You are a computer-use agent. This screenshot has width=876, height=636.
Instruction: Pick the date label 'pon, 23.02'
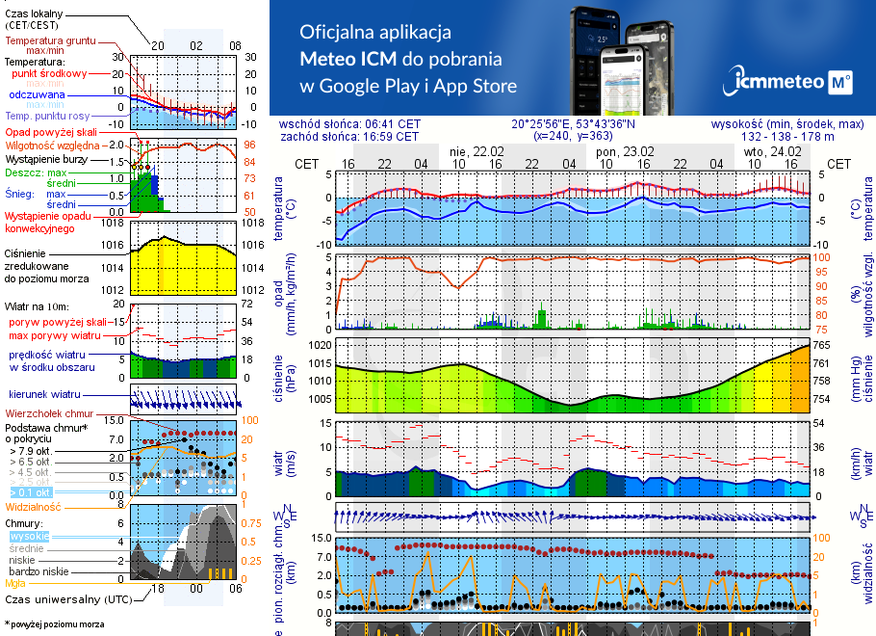pyautogui.click(x=625, y=151)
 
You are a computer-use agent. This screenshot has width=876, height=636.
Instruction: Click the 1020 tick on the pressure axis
pyautogui.click(x=322, y=344)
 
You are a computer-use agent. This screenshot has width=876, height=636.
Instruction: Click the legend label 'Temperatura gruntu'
pyautogui.click(x=50, y=41)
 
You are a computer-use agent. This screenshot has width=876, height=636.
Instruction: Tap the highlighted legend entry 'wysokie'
pyautogui.click(x=29, y=536)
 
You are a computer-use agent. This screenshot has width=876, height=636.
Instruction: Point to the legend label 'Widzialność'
pyautogui.click(x=34, y=505)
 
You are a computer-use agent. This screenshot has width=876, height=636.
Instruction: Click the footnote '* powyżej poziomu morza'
pyautogui.click(x=54, y=623)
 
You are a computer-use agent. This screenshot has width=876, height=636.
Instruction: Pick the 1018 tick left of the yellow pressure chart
pyautogui.click(x=112, y=223)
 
